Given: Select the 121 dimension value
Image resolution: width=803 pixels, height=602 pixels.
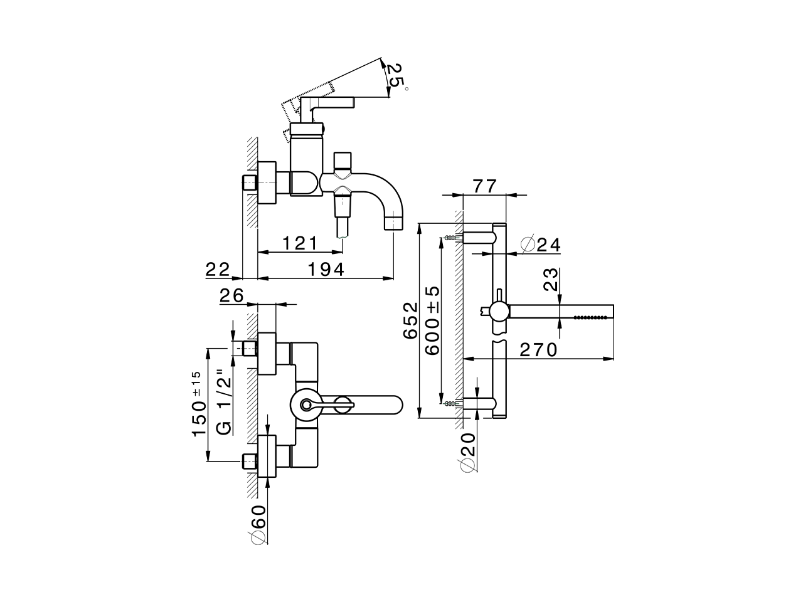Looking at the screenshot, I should tap(299, 243).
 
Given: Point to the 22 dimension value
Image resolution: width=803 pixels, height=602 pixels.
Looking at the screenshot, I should tap(218, 269).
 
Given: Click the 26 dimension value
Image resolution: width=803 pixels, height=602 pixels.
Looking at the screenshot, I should tap(231, 295).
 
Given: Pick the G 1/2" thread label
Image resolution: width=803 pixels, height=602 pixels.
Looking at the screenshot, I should tap(224, 402).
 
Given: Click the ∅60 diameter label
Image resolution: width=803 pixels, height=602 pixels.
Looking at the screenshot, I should tap(257, 521).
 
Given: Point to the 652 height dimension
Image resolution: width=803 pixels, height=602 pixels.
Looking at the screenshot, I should tap(410, 320).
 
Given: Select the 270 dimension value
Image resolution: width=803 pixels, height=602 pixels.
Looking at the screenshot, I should tap(538, 349).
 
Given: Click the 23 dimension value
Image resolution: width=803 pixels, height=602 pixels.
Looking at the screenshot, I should tap(551, 280).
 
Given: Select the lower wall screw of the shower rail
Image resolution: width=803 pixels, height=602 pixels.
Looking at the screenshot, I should tap(450, 404).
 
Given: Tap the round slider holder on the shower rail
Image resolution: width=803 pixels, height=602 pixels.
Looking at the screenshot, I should tap(500, 310).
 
